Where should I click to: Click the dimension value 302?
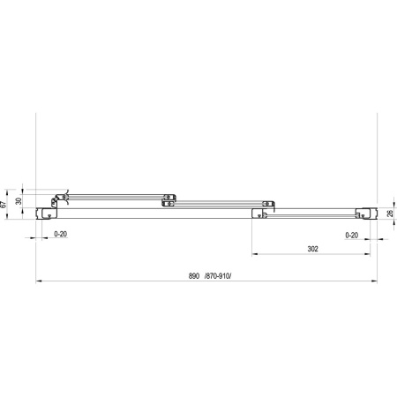pyautogui.click(x=313, y=249)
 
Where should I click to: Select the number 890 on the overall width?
pyautogui.click(x=194, y=276)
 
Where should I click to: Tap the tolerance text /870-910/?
pyautogui.click(x=218, y=276)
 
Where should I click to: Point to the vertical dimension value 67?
pyautogui.click(x=4, y=205)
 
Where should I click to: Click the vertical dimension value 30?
pyautogui.click(x=19, y=201)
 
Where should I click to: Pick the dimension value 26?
pyautogui.click(x=390, y=213)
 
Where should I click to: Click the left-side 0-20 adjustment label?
pyautogui.click(x=61, y=234)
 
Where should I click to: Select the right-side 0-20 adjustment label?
pyautogui.click(x=352, y=236)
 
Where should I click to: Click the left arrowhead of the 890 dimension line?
pyautogui.click(x=38, y=281)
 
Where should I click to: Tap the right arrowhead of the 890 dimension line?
pyautogui.click(x=375, y=281)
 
